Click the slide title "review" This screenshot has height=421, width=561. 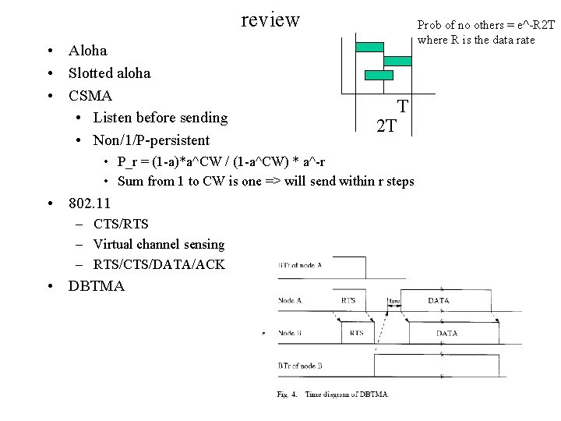click(270, 19)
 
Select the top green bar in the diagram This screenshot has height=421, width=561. click(370, 47)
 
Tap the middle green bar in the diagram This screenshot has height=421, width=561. click(398, 61)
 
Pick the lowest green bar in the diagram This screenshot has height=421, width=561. click(379, 75)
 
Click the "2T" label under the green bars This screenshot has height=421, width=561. click(386, 126)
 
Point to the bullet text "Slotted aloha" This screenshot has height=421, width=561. click(110, 73)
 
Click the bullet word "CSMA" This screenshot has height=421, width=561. click(90, 96)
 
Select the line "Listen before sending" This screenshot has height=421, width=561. click(160, 118)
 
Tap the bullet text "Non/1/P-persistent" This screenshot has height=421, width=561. click(151, 140)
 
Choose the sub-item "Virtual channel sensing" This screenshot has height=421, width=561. click(159, 245)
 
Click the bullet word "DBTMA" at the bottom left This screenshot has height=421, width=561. click(97, 286)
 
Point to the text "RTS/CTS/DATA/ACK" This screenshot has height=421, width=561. click(159, 265)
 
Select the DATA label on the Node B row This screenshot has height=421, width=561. click(446, 333)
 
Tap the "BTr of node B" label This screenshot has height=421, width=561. click(301, 365)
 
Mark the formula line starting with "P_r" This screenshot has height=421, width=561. click(221, 162)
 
